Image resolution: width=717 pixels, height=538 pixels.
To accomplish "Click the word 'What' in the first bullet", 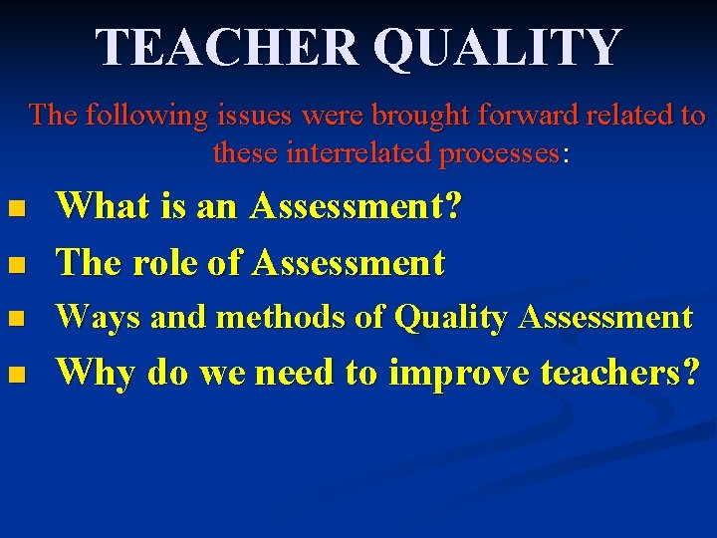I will [96, 207].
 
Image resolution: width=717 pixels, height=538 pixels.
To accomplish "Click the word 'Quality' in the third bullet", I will [451, 318].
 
